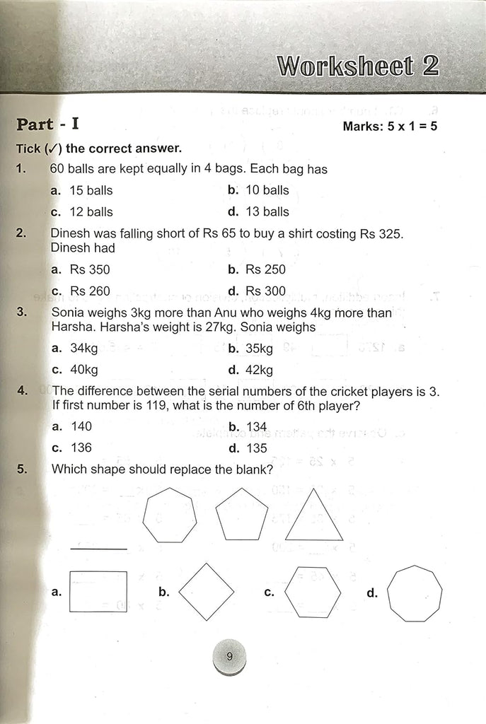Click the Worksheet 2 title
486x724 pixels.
coord(358,66)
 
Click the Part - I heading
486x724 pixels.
coord(48,124)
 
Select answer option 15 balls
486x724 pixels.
coord(82,190)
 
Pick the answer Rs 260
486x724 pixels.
coord(81,291)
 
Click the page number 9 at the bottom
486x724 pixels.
coord(229,657)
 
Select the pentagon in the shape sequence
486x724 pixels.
coord(242,515)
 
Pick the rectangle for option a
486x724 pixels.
coord(99,592)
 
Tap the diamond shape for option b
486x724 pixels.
coord(207,592)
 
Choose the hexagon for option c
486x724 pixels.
coord(313,592)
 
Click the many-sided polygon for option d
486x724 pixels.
coord(415,592)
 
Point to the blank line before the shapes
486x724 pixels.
coord(99,549)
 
